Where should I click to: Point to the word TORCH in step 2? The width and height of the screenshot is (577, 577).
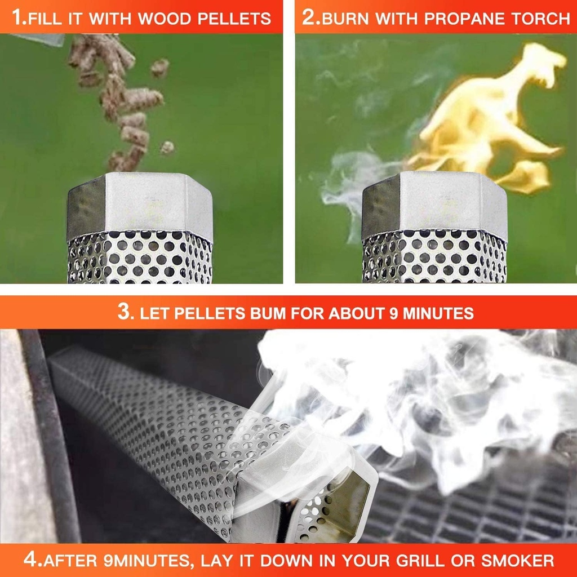(540, 19)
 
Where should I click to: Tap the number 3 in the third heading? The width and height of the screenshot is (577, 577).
(123, 312)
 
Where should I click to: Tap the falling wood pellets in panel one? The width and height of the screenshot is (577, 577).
(121, 101)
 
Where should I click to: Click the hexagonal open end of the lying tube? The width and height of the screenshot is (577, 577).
(349, 496)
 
